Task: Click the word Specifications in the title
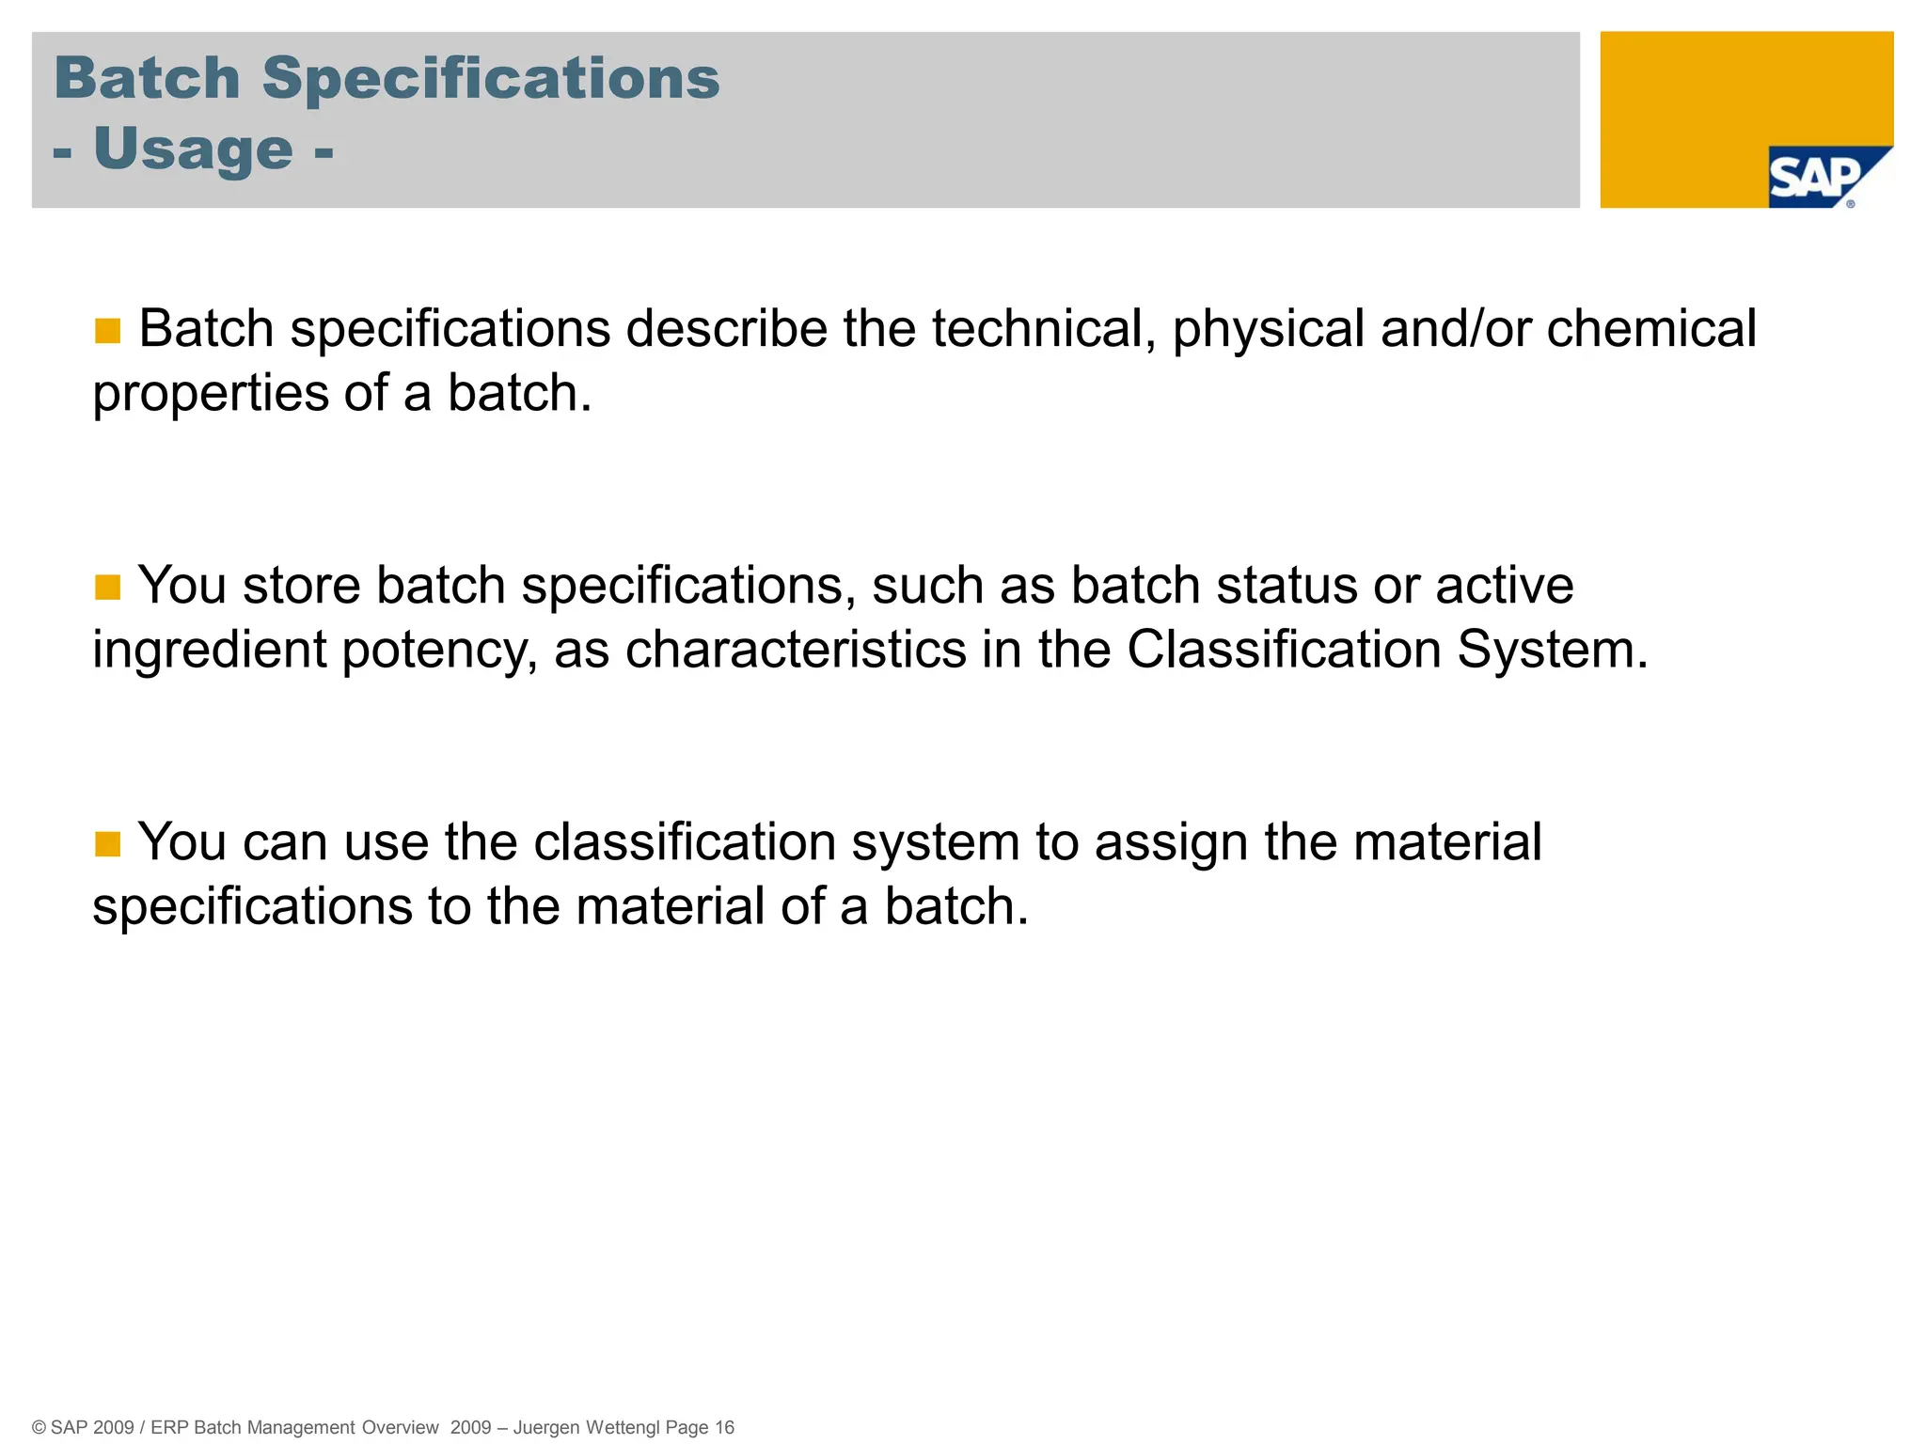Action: (490, 78)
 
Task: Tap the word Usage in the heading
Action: (194, 149)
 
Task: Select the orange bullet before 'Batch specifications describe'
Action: (108, 331)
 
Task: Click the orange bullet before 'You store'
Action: (108, 588)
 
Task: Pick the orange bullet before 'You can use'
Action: (108, 844)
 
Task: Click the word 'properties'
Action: (210, 394)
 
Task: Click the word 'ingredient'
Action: (209, 651)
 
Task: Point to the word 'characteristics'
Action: (796, 651)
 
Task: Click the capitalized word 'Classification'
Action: (1284, 651)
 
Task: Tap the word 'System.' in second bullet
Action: (1553, 651)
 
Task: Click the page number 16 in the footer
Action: (724, 1427)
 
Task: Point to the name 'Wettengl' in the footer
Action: (623, 1427)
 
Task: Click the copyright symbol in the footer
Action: (39, 1427)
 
